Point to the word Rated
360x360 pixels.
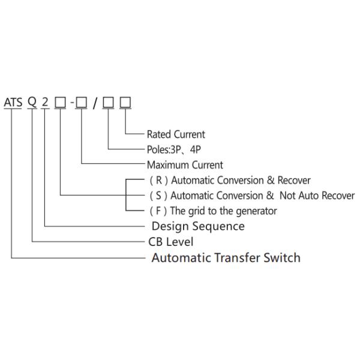coord(159,134)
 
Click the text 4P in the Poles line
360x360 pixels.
coord(196,149)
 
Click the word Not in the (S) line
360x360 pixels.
coord(289,196)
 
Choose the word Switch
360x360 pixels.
coord(284,257)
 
